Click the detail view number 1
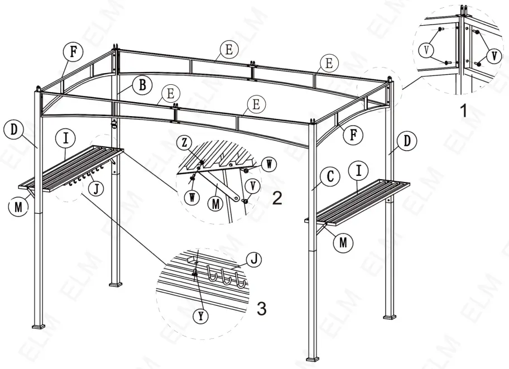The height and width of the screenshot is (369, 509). click(463, 111)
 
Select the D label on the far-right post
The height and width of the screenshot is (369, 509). click(408, 141)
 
